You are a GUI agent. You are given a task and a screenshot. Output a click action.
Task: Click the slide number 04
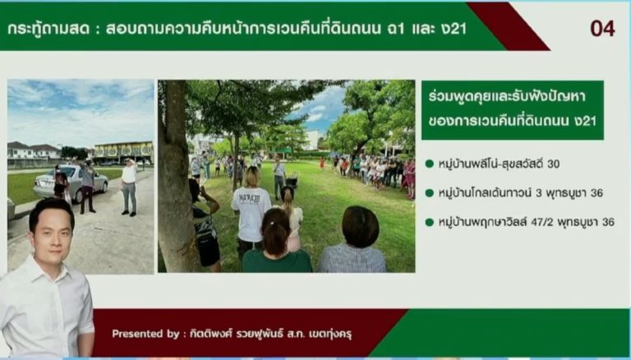click(602, 29)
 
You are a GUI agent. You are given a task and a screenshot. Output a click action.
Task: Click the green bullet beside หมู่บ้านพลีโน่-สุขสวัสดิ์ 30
click(430, 164)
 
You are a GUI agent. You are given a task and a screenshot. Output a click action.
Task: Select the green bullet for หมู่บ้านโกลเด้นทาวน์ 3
click(430, 193)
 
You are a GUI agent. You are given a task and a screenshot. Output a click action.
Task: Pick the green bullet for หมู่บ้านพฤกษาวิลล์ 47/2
click(430, 222)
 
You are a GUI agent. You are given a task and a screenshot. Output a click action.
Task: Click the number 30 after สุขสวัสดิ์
click(553, 164)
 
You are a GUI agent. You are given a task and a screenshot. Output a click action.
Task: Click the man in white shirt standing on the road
click(129, 187)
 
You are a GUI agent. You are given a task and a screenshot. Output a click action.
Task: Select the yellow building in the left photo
click(123, 152)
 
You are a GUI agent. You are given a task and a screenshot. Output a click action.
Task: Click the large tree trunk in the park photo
click(174, 178)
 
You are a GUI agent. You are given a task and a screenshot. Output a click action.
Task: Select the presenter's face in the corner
click(51, 236)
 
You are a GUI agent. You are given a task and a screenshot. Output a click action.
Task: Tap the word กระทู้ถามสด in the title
click(49, 29)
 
